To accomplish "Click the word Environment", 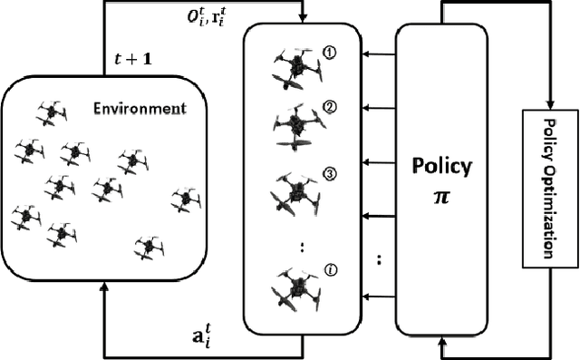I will tap(140, 110).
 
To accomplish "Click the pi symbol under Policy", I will tap(442, 191).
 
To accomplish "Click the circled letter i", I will tap(331, 269).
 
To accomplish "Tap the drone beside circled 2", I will tap(296, 126).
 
